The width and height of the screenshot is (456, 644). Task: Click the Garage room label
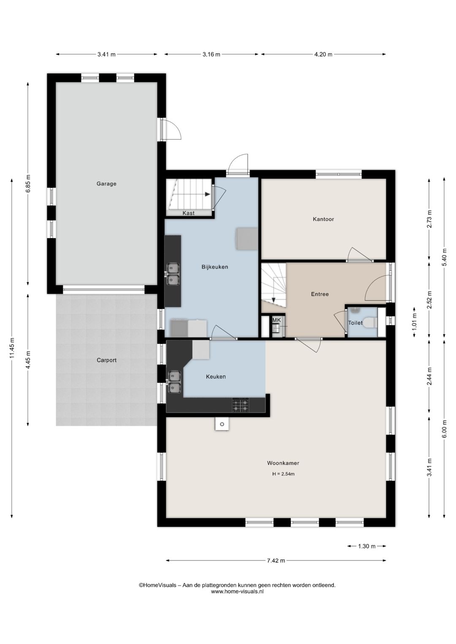tap(106, 184)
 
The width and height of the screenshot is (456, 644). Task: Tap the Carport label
tap(106, 360)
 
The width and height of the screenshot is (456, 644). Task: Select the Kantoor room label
tap(323, 219)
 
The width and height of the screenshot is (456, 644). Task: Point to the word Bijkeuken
tap(214, 267)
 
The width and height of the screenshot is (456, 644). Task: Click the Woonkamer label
tap(283, 463)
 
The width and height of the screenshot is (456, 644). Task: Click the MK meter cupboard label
tap(277, 320)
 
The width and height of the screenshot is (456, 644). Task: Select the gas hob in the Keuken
tap(240, 405)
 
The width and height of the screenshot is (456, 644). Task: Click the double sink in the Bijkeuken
tap(173, 273)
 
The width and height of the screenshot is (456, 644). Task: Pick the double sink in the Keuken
tap(174, 382)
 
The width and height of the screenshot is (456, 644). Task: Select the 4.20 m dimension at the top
tap(323, 54)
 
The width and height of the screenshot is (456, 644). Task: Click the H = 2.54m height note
tap(283, 474)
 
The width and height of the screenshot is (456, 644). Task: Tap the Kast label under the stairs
tap(188, 213)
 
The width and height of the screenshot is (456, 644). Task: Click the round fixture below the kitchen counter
tap(222, 424)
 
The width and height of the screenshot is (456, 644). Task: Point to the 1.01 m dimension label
tap(414, 322)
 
